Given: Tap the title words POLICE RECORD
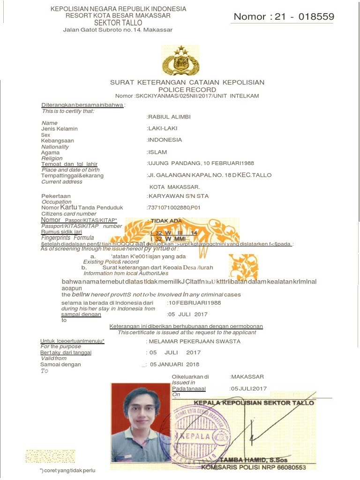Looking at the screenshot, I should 187,90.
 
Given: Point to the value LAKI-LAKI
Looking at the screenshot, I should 163,128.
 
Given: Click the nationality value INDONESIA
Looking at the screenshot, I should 165,140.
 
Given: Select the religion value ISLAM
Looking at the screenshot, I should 157,152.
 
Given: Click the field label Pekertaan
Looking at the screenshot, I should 56,196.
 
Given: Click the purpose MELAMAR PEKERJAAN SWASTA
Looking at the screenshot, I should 194,341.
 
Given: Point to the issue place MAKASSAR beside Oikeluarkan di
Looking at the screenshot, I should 247,376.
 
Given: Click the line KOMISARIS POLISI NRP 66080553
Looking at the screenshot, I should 253,467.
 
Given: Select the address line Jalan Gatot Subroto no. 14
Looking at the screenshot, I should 118,30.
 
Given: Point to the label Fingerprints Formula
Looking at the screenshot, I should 68,238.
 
